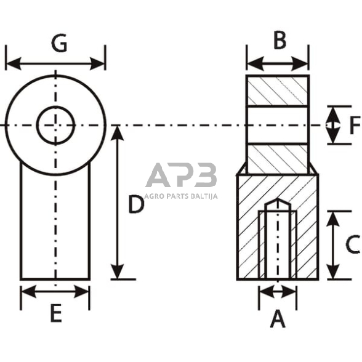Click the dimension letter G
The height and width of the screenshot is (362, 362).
pos(59,42)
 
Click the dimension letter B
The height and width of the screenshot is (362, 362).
pos(280,40)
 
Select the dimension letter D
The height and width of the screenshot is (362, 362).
pos(136,204)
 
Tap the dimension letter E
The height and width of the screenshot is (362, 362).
pos(56,313)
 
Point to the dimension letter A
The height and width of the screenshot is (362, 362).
pos(278,319)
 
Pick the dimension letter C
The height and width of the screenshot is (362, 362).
pos(353,244)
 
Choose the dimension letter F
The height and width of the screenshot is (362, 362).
pos(355,126)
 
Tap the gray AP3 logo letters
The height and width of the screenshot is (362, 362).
pos(181,175)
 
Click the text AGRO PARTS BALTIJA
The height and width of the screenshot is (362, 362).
pos(181,196)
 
